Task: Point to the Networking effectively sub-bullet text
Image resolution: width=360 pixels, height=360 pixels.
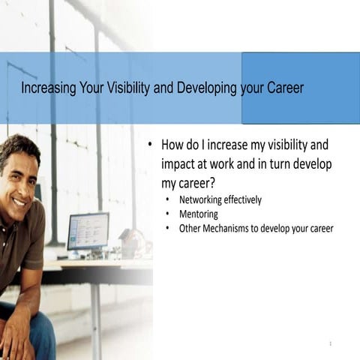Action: coord(220,200)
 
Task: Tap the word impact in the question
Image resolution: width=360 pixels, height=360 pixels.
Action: coord(179,163)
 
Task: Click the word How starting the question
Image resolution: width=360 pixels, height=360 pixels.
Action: coord(174,144)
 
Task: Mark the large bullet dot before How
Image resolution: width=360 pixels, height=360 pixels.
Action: coord(150,144)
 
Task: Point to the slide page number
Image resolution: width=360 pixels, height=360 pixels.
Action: coord(330,343)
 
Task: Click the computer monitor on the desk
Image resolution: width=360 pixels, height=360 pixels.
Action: coord(88,231)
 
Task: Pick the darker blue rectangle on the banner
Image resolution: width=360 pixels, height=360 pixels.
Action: coord(300,88)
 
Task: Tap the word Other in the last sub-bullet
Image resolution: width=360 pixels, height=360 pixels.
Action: coord(190,229)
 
